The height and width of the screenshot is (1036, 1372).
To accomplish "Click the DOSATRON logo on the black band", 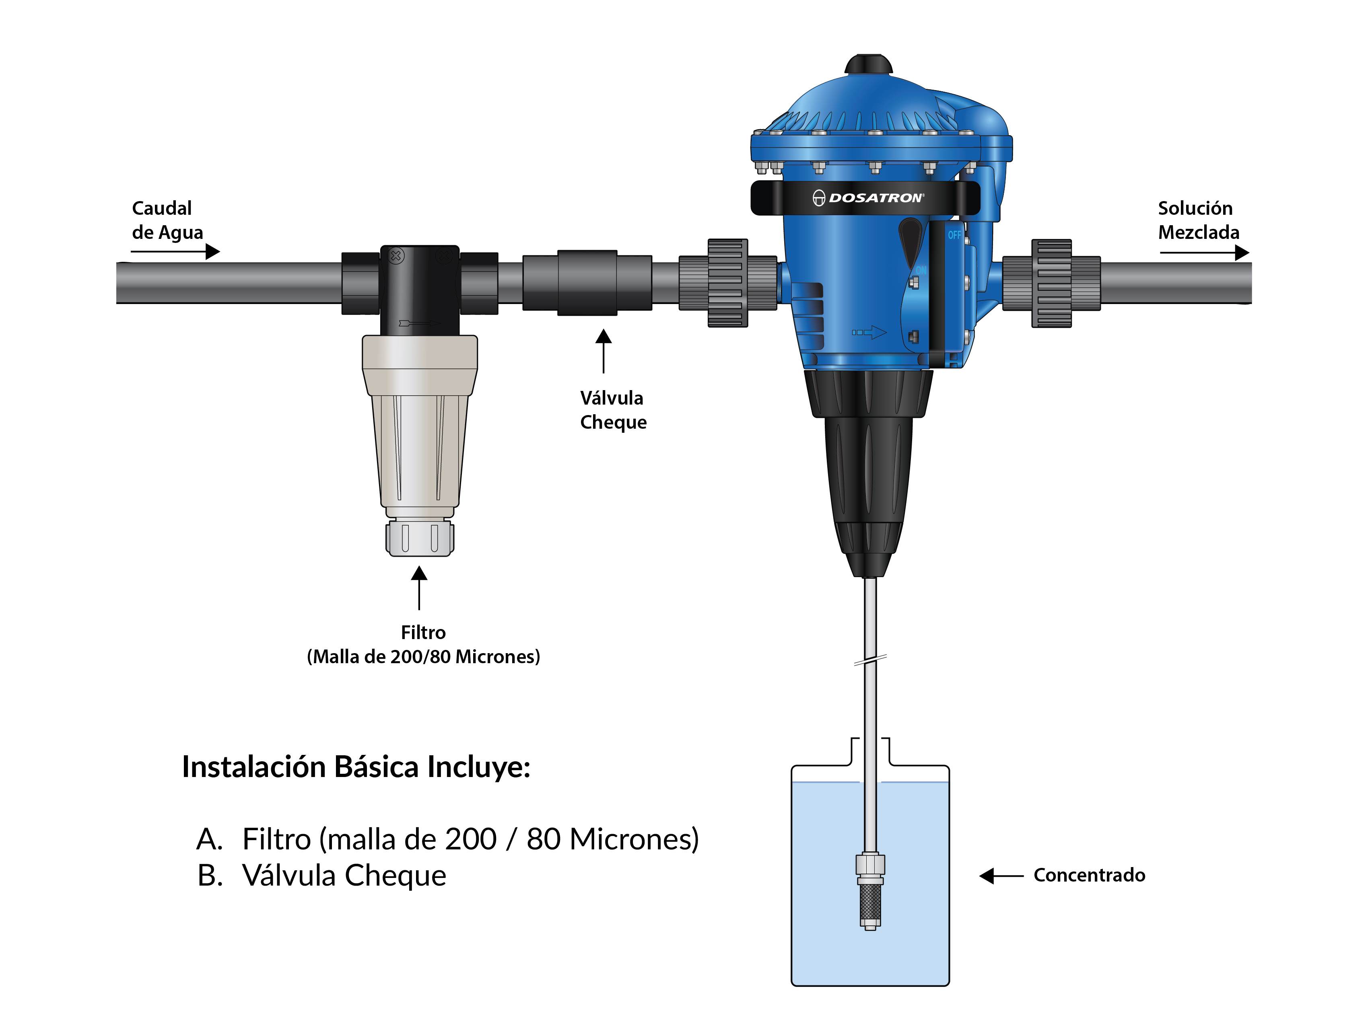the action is (x=868, y=198).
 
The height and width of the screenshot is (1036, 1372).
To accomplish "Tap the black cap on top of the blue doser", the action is (x=868, y=64).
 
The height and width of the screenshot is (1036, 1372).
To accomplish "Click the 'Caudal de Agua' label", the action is (x=167, y=220).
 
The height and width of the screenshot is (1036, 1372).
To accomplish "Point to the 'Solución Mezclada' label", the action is (x=1198, y=220).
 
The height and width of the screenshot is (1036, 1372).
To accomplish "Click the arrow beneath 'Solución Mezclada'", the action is (x=1205, y=252).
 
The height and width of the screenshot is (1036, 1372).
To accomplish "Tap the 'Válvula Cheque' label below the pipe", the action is (x=613, y=410).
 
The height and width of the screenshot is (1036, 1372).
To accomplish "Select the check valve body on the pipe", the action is (x=587, y=283).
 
